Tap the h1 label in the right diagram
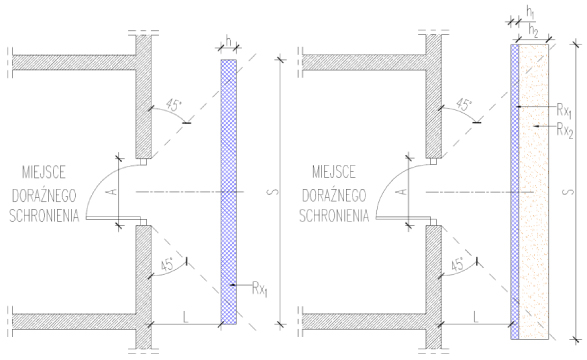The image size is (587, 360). point(530,13)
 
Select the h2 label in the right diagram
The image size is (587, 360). point(533,31)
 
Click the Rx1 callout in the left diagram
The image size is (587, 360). point(260,289)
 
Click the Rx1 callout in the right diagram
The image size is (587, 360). point(564,110)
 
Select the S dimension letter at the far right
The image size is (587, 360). point(568,192)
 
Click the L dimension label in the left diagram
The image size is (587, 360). point(185,317)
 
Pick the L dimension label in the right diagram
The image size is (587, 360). point(476,317)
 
